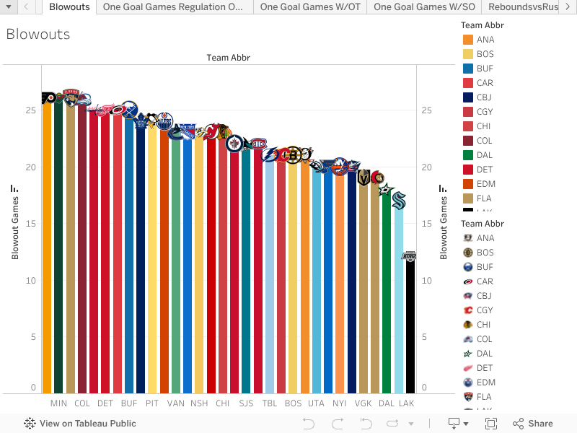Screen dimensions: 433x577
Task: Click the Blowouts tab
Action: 69,7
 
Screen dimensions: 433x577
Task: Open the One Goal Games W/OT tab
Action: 311,7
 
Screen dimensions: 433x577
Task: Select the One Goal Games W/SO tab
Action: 424,7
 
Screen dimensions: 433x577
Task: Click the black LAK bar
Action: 410,325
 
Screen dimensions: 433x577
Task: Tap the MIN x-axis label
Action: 58,403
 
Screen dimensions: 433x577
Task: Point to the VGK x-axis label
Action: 363,403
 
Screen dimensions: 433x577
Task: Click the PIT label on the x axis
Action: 152,403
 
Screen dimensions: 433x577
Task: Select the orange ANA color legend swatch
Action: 468,40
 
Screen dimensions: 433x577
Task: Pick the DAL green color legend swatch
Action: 468,155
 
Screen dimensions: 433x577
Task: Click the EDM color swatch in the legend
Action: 468,184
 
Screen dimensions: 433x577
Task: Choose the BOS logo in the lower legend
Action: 468,253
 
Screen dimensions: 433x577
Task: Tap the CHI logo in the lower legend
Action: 468,325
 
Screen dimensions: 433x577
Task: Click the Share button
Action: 533,424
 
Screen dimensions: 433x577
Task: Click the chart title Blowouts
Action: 38,34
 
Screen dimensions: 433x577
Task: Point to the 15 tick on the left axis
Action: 30,224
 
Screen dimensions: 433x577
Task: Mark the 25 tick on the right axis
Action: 427,110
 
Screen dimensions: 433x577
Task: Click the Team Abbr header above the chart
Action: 229,58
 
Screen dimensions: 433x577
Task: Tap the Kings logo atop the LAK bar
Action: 410,256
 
